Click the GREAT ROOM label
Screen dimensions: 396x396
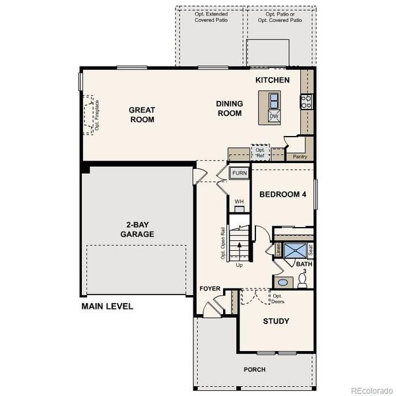(x=142, y=115)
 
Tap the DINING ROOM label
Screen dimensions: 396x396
(x=230, y=108)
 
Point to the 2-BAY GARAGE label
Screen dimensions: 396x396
(x=137, y=229)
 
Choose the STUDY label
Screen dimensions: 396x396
(x=276, y=321)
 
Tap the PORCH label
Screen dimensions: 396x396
(x=254, y=370)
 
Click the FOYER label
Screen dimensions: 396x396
(x=210, y=289)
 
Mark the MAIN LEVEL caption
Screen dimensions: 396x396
(x=107, y=306)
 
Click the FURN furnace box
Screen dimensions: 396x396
(x=239, y=174)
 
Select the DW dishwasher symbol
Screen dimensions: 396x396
(x=274, y=117)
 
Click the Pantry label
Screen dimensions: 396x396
(x=300, y=156)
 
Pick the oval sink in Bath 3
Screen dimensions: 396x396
(x=282, y=282)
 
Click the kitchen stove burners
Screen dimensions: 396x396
(x=306, y=101)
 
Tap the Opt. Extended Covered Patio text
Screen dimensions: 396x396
(x=210, y=17)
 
